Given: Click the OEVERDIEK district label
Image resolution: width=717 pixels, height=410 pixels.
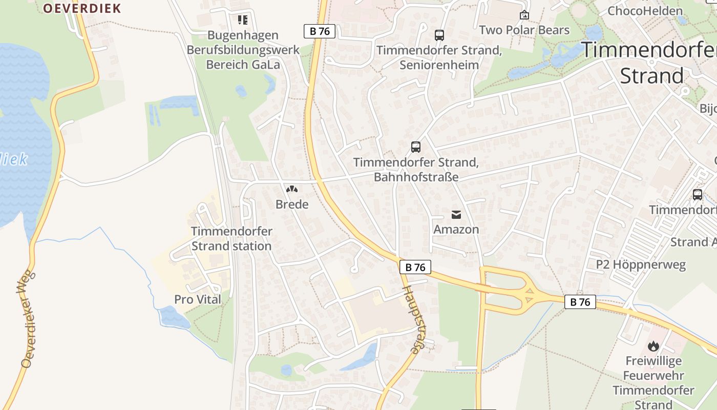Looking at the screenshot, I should (81, 8).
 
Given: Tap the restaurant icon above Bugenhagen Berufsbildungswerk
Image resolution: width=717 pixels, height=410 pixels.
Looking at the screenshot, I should (242, 20).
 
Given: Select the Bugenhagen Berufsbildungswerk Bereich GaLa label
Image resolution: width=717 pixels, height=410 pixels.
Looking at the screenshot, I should (243, 50).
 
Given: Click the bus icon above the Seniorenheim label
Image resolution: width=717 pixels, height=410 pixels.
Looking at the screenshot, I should (439, 35).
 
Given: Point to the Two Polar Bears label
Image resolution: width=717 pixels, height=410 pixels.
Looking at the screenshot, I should (524, 30).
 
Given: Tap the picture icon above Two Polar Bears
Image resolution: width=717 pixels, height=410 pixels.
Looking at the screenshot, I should (524, 15).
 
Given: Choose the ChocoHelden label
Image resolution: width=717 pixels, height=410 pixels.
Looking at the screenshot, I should (645, 11).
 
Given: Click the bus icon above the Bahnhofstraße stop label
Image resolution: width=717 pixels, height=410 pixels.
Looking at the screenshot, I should (416, 147).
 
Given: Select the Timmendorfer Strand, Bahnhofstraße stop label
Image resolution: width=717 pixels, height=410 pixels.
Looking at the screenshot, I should (416, 170).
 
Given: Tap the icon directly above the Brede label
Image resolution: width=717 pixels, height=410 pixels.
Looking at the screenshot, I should (292, 190).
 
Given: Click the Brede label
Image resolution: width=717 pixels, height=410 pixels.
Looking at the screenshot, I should (292, 204).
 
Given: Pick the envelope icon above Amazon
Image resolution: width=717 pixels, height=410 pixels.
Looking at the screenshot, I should (456, 214).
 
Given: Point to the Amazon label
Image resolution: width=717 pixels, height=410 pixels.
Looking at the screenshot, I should (456, 229).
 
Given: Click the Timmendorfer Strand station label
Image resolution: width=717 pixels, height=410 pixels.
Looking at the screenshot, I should (231, 238).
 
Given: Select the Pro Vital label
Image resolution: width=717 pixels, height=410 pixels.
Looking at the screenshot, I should (198, 299).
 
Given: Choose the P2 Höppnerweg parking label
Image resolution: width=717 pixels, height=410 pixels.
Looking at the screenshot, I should (640, 265).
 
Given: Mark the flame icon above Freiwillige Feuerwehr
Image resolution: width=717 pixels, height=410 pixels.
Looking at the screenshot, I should (653, 346).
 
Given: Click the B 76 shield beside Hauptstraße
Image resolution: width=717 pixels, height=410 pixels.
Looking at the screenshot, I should (415, 267).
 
